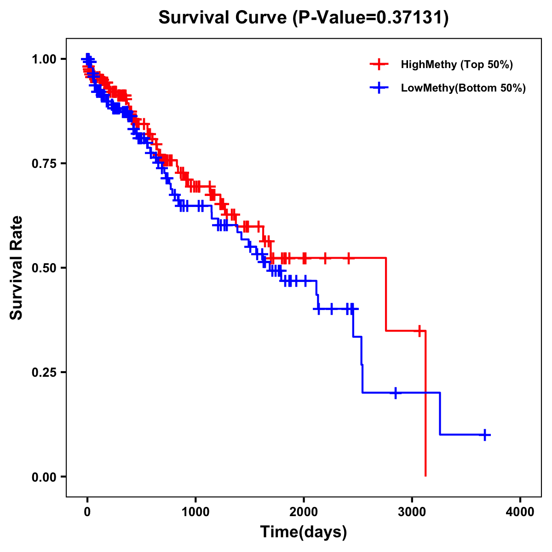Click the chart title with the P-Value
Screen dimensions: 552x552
303,18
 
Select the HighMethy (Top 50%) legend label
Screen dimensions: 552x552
457,64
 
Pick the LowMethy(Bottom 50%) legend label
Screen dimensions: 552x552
463,88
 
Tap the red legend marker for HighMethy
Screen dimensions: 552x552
379,64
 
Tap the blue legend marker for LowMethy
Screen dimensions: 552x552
379,88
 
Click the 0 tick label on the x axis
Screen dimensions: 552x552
87,512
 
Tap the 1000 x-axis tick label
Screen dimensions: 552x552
195,512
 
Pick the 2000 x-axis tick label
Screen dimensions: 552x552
304,512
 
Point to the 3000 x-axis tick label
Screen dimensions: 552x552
412,512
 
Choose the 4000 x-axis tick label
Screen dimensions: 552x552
520,512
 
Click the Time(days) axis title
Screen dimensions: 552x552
304,532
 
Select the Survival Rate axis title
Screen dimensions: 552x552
17,268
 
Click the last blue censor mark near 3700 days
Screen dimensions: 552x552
485,435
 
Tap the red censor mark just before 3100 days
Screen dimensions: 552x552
419,331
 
